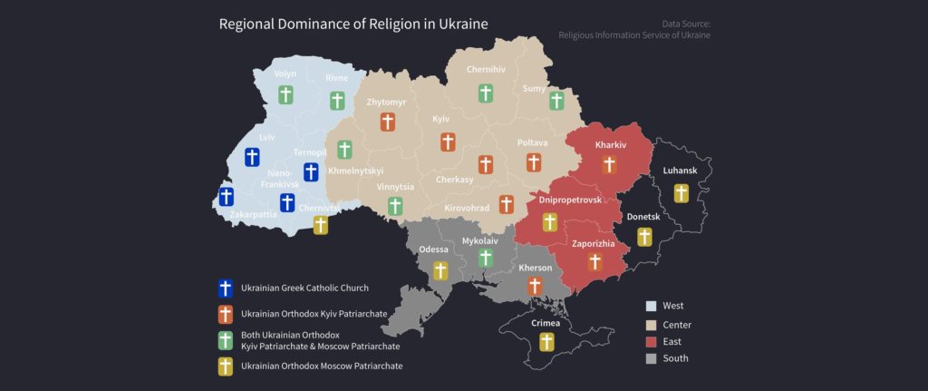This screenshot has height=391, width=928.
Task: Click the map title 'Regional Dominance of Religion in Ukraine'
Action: (353, 24)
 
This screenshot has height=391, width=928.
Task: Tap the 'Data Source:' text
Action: (687, 23)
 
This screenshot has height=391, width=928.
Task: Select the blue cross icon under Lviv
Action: (254, 157)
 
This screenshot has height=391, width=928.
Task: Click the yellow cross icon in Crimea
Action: (546, 341)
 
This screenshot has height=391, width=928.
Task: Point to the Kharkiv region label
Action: (610, 145)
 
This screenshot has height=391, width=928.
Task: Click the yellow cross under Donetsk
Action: (644, 237)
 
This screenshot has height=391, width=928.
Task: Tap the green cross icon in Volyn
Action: (285, 94)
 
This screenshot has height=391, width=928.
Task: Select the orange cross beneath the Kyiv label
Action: (448, 142)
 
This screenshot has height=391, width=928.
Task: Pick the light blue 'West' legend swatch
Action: (651, 306)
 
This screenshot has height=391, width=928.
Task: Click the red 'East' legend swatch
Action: (651, 341)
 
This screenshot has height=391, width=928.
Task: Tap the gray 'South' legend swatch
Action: (651, 358)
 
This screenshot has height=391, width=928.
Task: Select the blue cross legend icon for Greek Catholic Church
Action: (226, 288)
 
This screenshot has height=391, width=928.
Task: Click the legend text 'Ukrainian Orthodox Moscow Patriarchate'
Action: (322, 366)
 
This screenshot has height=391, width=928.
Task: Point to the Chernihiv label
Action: (485, 70)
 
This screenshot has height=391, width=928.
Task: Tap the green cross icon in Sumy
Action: (556, 101)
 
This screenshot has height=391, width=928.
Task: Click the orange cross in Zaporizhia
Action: (594, 262)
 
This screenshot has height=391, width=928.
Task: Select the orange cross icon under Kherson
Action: (534, 286)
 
